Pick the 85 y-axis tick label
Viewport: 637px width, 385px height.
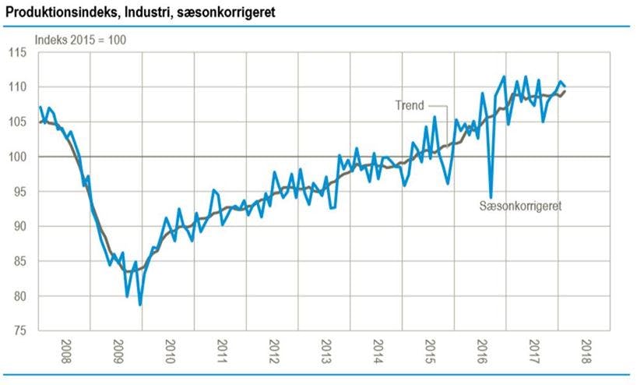pos(19,262)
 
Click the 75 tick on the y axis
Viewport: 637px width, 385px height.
pos(19,331)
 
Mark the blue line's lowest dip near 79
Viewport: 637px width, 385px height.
pos(140,304)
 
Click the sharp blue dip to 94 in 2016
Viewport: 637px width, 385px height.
pos(491,197)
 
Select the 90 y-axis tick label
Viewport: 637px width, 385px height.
pos(19,227)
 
